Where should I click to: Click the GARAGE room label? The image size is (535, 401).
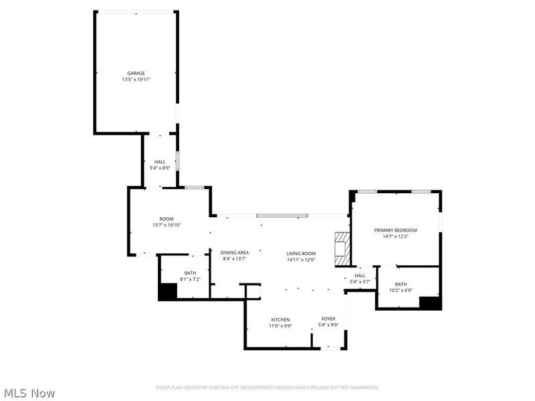point(136,73)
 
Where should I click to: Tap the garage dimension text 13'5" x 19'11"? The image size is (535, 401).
point(136,80)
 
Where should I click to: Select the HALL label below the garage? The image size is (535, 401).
point(160,161)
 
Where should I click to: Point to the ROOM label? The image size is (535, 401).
point(167,219)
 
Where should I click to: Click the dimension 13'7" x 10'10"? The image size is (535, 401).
point(167,225)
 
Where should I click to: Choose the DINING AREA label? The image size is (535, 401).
point(235,252)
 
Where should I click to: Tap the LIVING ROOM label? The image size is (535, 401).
point(301,253)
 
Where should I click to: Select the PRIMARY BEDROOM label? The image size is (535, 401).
point(395,229)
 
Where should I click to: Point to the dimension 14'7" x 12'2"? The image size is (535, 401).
point(395,236)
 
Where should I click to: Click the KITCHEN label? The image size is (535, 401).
point(280,319)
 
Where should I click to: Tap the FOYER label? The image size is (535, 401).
point(328,319)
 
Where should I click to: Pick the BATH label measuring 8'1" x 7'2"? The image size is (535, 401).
point(191,272)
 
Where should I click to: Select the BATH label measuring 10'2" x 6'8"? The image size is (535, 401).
point(401,284)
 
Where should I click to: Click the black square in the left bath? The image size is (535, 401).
point(167,292)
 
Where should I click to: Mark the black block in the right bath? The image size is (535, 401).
point(430,302)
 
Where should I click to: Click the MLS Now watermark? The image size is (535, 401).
point(29,393)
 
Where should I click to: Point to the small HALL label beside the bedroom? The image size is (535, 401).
point(360,275)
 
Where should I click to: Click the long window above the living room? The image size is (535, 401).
point(282,215)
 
